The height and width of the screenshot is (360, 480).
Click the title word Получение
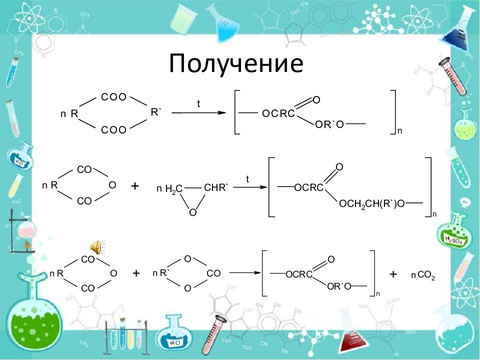coord(236,63)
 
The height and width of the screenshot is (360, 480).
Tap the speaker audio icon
coord(97,247)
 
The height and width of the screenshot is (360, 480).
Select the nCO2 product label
coord(423,275)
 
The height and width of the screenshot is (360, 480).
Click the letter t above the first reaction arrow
coord(198,104)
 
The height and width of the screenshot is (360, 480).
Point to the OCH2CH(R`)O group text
coord(372,204)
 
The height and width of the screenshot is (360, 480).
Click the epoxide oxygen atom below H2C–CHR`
coord(192,212)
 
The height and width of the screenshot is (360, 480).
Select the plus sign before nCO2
coord(393,274)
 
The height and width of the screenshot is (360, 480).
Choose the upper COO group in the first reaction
coord(113,97)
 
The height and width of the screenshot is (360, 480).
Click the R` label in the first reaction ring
coord(155,112)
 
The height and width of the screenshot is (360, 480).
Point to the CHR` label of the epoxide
coord(216,187)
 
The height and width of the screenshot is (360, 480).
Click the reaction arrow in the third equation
coord(244,272)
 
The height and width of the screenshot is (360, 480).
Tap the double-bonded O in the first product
coord(316,100)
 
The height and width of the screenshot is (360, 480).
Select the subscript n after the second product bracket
coord(434,214)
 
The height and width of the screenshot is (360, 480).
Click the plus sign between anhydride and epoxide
coord(134,186)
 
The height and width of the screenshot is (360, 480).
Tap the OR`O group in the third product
coord(339,286)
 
